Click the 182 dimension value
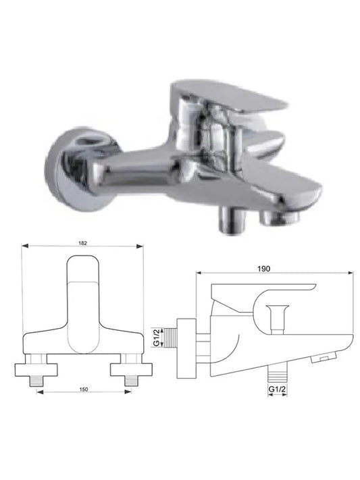82,243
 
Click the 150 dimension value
84,390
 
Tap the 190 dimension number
264,269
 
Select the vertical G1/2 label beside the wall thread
156,338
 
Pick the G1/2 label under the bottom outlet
277,389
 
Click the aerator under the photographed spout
279,218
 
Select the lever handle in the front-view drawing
83,305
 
